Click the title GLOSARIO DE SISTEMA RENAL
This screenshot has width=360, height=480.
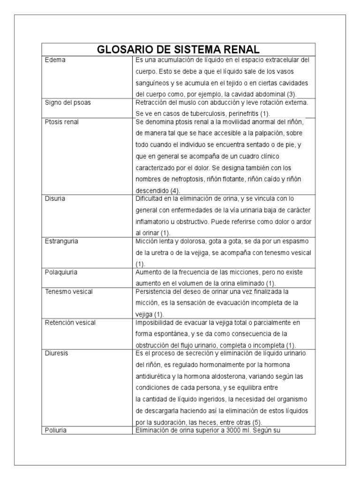(x=178, y=50)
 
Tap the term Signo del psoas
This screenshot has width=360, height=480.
(x=67, y=103)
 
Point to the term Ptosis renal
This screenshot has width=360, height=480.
(x=61, y=122)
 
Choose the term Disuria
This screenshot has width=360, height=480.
(x=55, y=199)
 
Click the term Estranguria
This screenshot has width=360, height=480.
(x=61, y=241)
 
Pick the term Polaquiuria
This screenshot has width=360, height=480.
(x=61, y=271)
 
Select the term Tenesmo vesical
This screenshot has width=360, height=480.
(x=69, y=292)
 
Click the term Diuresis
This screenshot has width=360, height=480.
(x=57, y=353)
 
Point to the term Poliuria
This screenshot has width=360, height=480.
(x=55, y=430)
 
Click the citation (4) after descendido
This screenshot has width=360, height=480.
(x=175, y=191)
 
